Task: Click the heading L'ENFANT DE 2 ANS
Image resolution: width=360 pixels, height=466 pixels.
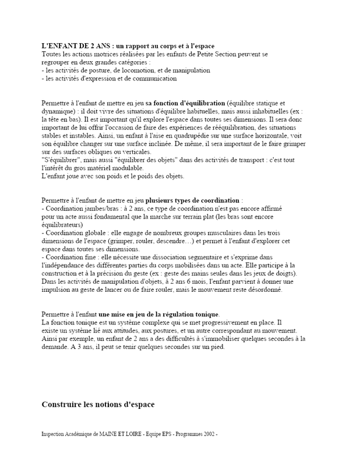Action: [78, 46]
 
